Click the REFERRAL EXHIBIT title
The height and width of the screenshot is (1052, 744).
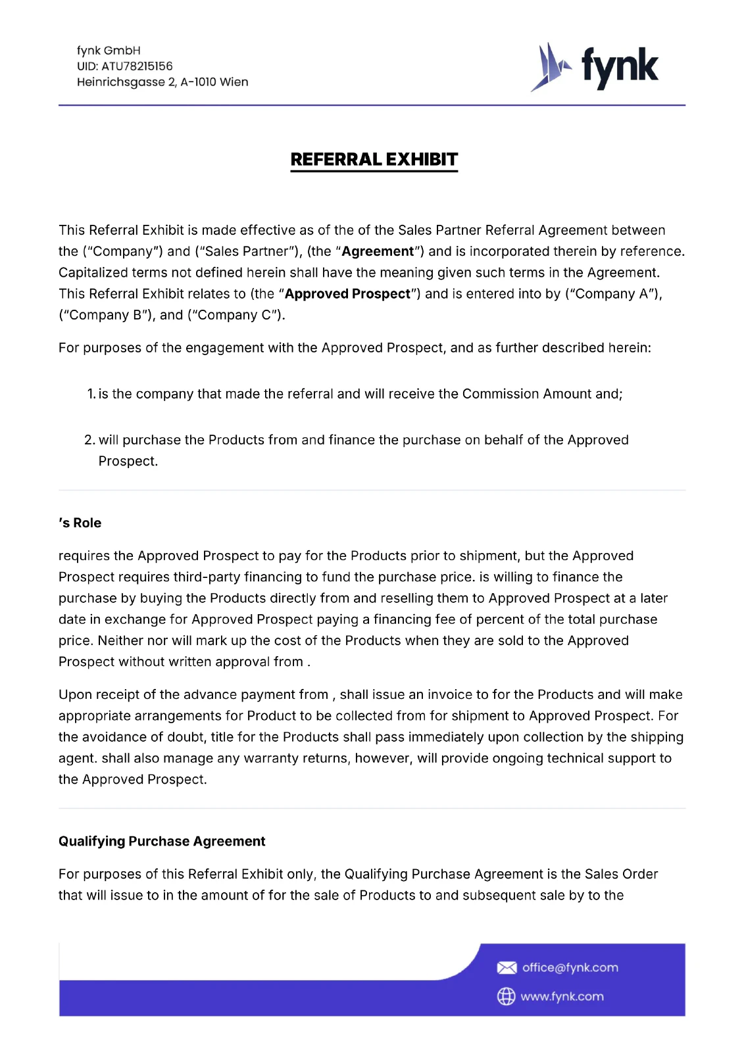[374, 160]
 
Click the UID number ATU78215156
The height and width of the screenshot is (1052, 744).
[137, 66]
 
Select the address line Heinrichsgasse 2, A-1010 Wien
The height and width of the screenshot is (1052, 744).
[162, 82]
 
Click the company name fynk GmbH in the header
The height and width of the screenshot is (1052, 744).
[109, 51]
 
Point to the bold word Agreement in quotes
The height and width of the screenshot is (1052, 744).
[378, 251]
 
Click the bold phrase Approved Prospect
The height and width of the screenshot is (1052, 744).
[347, 294]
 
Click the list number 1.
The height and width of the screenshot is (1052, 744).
[91, 394]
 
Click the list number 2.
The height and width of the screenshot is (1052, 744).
[89, 440]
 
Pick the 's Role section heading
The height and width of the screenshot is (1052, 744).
[80, 523]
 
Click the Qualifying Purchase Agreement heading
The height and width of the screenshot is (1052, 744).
[162, 841]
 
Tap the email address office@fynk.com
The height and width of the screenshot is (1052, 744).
[570, 967]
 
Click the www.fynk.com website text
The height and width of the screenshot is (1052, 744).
[562, 996]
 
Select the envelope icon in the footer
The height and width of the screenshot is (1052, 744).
[507, 967]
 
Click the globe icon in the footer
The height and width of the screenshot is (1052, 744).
[506, 996]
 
